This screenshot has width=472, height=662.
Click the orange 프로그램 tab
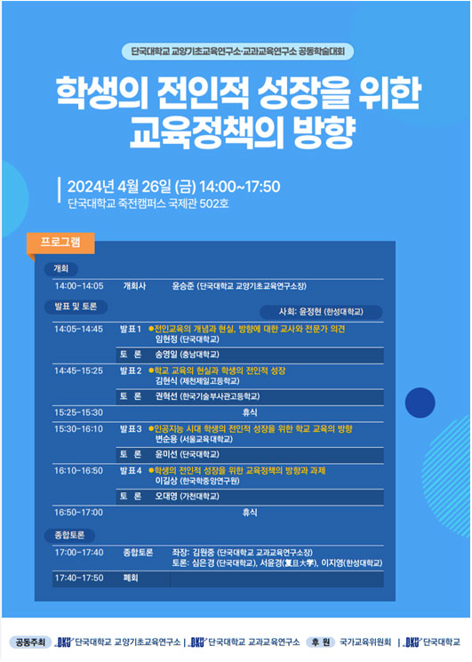point(60,243)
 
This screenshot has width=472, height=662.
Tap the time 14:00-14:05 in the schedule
point(79,286)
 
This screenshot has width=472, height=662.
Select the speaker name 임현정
point(166,339)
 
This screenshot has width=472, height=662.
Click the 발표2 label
point(131,371)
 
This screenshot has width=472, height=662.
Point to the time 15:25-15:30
point(78,412)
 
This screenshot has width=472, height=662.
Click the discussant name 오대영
point(166,497)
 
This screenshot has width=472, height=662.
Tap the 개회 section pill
point(60,268)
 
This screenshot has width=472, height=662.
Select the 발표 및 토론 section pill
point(76,307)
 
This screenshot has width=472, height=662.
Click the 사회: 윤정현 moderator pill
point(321,312)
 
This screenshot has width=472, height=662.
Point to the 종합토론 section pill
point(69,535)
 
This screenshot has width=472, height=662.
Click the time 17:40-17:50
point(79,578)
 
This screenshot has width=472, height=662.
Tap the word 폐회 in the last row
point(131,578)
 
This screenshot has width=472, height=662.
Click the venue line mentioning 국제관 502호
point(148,203)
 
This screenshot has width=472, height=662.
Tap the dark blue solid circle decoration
point(420,403)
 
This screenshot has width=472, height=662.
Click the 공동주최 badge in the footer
point(30,642)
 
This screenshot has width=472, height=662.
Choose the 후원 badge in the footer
point(321,642)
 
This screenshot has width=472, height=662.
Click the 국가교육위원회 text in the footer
point(365,642)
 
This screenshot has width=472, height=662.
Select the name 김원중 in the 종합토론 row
point(204,553)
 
